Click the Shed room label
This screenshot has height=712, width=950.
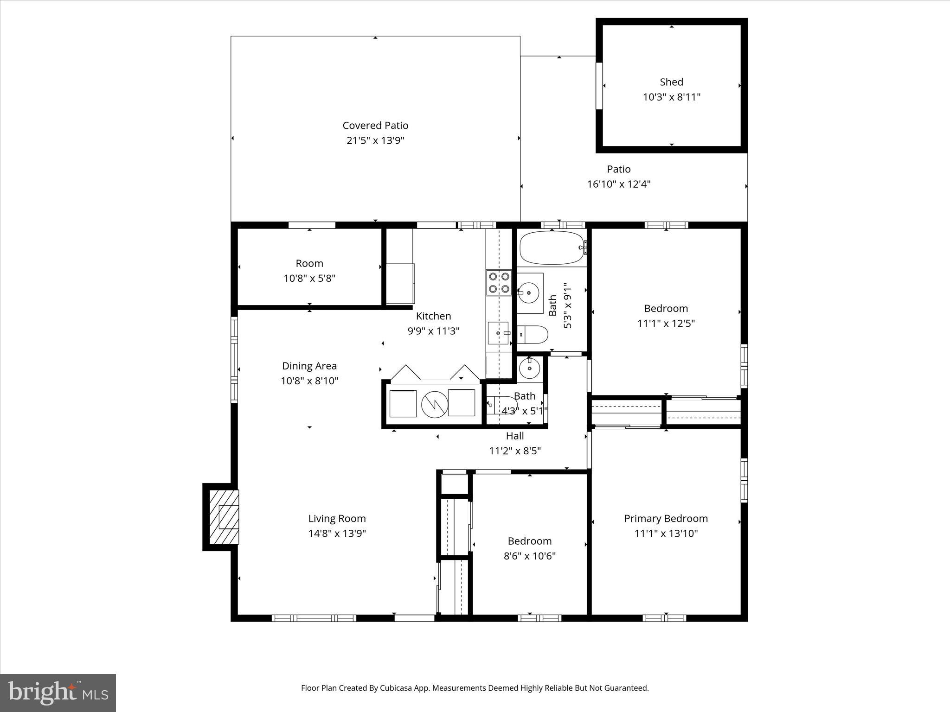(671, 82)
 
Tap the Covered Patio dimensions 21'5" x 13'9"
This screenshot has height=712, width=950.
(375, 140)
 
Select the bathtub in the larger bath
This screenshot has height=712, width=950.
(552, 248)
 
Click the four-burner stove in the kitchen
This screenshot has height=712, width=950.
(499, 283)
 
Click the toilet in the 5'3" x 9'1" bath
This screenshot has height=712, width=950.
(533, 334)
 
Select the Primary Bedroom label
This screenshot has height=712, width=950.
(666, 518)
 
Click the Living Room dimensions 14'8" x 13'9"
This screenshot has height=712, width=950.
(337, 534)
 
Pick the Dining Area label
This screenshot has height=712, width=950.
(309, 366)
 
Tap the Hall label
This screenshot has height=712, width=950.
(515, 436)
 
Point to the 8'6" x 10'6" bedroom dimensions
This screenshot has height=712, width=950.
(529, 556)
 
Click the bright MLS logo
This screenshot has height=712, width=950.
(58, 693)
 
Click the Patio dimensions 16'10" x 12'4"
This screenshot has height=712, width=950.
(619, 184)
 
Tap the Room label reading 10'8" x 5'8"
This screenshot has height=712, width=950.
(309, 263)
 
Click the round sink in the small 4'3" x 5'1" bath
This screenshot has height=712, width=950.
(529, 369)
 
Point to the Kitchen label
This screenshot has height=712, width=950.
(433, 316)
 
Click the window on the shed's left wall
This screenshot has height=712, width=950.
(599, 86)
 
